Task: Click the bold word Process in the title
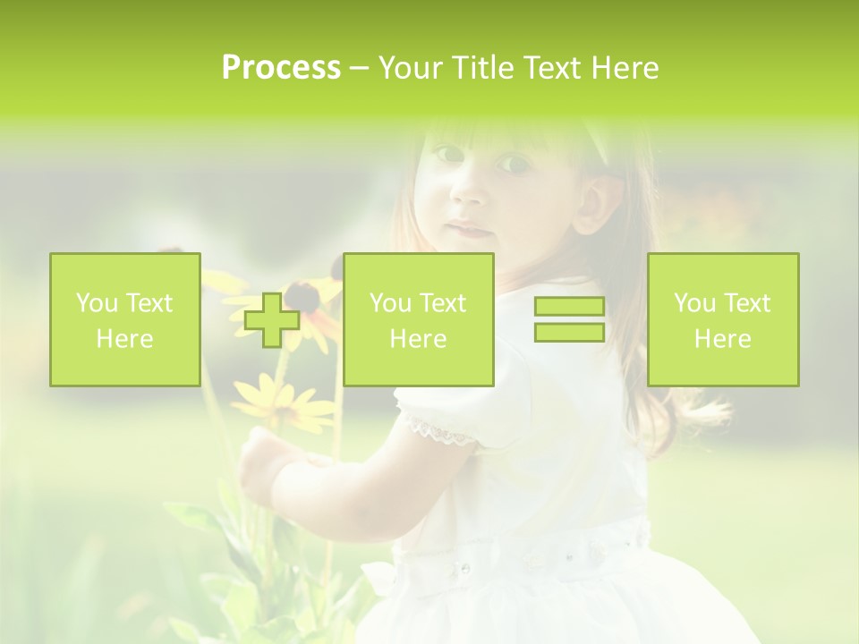click(281, 68)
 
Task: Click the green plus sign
click(272, 320)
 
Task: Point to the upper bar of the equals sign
click(569, 307)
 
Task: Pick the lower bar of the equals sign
click(569, 332)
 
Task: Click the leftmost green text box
click(124, 319)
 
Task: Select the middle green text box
click(418, 319)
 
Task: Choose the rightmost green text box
click(722, 319)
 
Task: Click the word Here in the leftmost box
click(124, 339)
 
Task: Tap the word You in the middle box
click(390, 303)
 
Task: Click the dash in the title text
click(359, 68)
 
